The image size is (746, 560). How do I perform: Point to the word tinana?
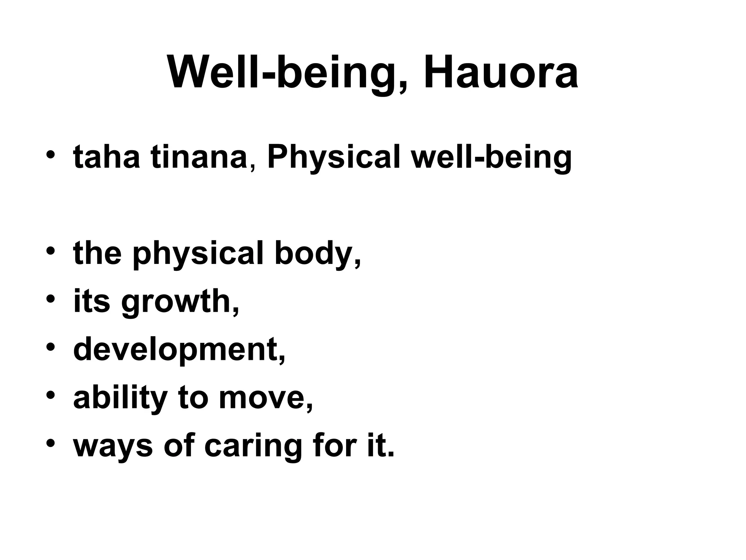tap(199, 157)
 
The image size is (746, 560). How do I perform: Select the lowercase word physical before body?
tap(197, 254)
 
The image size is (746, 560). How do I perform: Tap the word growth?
tap(180, 302)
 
